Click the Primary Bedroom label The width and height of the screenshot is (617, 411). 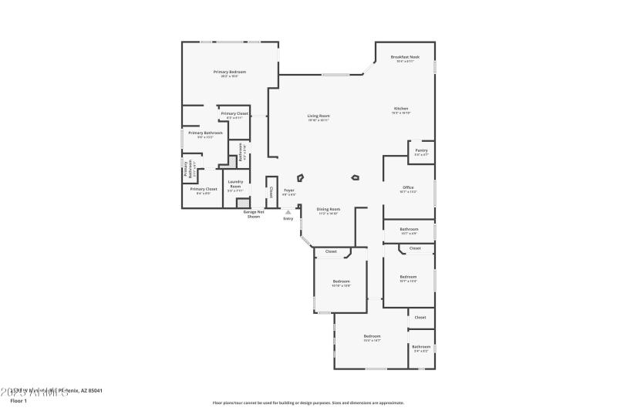230,72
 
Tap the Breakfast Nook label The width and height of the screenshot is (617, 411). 404,57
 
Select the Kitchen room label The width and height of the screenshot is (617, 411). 401,109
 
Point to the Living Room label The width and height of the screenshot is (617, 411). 319,116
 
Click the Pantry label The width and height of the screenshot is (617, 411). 421,150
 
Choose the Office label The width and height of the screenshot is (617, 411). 408,187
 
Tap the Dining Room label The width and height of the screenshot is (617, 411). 329,209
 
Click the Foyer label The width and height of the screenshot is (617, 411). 289,190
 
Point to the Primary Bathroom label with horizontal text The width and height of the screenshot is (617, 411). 205,133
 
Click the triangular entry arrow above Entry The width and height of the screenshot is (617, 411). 288,212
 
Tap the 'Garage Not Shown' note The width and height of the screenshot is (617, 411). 254,214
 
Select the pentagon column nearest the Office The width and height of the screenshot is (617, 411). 355,177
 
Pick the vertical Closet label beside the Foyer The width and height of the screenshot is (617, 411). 271,190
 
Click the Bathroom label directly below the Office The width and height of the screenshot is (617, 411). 409,229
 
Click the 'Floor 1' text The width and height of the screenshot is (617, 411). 18,401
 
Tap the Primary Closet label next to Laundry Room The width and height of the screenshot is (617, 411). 204,189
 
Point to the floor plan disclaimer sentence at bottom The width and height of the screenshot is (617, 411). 308,403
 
